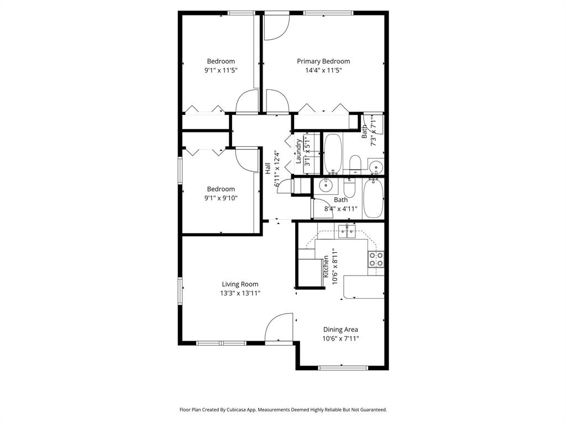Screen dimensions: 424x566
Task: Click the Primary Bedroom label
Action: (323, 61)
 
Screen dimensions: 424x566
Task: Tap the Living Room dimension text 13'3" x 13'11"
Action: (239, 294)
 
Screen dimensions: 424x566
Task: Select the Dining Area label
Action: (340, 330)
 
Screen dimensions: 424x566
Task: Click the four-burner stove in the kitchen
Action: (376, 259)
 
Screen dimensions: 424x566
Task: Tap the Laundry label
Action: (298, 152)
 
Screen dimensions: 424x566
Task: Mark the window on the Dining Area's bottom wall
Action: (343, 367)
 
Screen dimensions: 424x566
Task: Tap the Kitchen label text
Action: (326, 266)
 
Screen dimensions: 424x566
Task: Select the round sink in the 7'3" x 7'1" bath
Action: (375, 167)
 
